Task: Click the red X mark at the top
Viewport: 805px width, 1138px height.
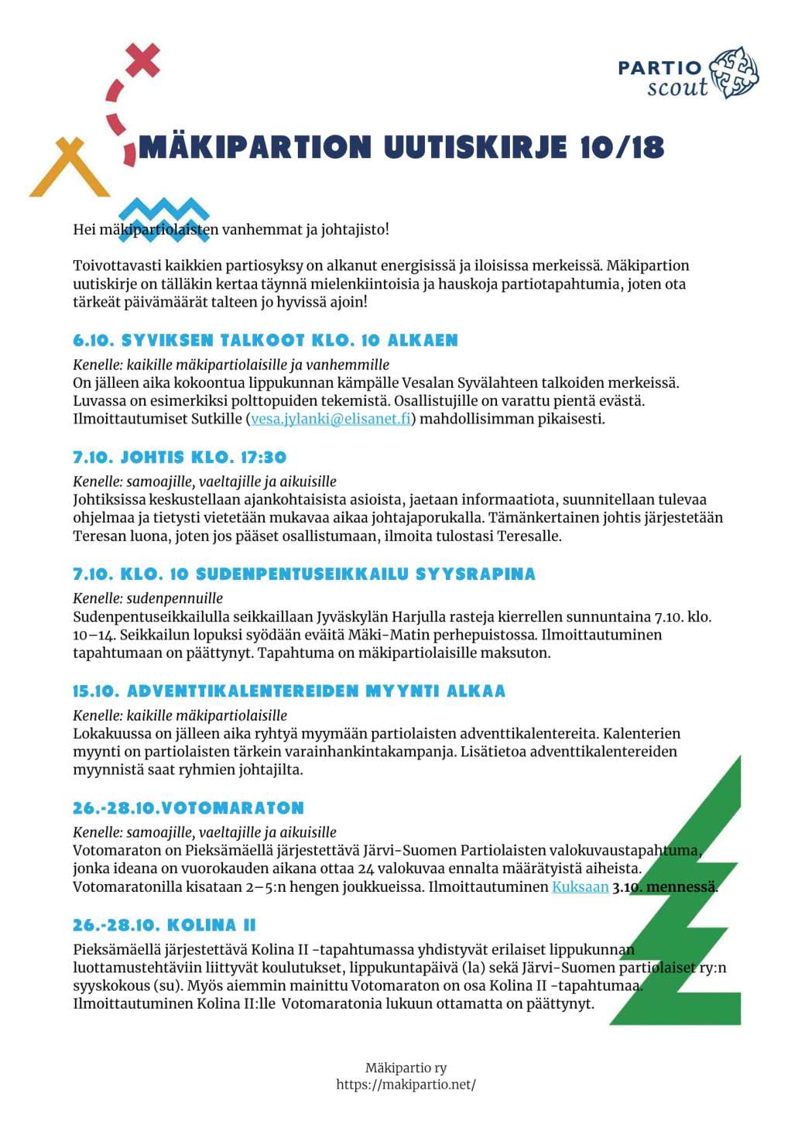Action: pos(142,60)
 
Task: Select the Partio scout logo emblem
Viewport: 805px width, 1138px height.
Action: pos(734,73)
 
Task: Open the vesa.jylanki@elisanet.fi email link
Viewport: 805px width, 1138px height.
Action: pos(331,419)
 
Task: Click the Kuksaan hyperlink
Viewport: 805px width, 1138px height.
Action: pos(580,886)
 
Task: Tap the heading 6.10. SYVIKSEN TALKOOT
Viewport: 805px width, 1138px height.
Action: pos(265,341)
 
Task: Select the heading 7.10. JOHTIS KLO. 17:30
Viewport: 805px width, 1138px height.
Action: pos(180,458)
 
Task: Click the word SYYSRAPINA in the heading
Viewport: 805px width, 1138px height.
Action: pos(475,574)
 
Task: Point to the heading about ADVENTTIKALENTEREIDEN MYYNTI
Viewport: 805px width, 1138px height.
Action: pos(289,691)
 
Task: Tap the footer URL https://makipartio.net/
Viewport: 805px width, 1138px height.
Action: pos(406,1085)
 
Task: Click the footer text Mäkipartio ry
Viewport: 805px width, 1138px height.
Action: pos(406,1068)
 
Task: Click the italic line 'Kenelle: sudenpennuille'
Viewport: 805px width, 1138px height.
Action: pos(148,598)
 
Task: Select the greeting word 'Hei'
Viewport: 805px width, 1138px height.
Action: pos(84,229)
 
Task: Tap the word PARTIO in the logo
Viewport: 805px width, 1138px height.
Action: pos(659,68)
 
